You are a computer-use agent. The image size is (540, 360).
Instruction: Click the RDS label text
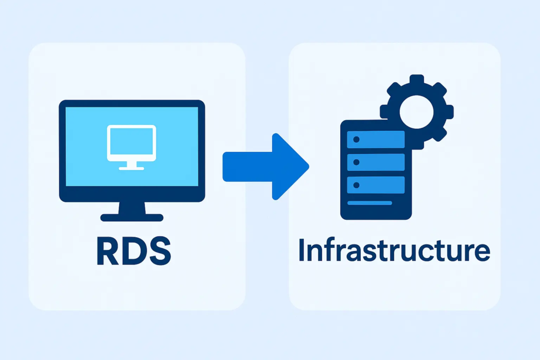(x=133, y=251)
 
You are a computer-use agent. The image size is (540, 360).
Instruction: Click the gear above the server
(x=417, y=111)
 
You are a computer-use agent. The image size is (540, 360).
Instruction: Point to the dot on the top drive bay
(x=356, y=139)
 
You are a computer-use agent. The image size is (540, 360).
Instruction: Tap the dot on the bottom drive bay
(x=356, y=185)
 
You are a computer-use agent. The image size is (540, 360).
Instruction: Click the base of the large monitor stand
(x=131, y=217)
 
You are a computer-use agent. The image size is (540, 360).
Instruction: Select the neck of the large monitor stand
(x=131, y=208)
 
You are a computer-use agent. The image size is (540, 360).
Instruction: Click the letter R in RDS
(x=107, y=251)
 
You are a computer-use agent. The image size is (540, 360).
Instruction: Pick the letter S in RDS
(x=159, y=251)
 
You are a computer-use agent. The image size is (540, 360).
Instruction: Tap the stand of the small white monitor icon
(x=131, y=166)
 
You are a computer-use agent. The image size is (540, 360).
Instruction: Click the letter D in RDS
(x=133, y=251)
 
